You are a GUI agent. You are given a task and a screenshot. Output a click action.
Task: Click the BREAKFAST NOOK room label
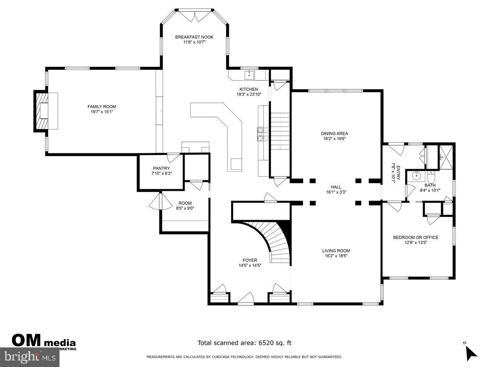pos(194,37)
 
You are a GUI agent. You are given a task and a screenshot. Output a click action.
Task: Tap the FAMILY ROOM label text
pos(99,107)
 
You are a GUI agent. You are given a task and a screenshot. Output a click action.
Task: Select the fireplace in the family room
pos(42,111)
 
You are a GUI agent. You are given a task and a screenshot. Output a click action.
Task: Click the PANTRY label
pos(161,168)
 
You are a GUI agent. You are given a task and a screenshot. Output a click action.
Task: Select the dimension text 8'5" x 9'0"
pos(185,208)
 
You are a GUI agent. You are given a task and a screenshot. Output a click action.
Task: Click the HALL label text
pos(336,187)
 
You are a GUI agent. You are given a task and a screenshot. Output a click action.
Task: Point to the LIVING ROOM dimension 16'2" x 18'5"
pos(336,256)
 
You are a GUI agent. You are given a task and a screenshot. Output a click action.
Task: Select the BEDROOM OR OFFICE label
pos(416,237)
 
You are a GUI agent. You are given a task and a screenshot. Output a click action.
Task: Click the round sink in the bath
pos(416,176)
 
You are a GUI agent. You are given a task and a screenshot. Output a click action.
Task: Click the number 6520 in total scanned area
pos(267,343)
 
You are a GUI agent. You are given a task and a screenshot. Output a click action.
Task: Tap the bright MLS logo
pos(30,357)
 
